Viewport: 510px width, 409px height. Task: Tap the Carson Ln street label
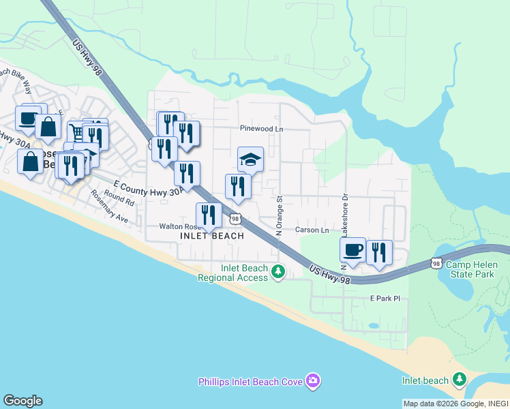click(306, 230)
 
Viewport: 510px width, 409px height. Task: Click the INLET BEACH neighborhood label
click(211, 236)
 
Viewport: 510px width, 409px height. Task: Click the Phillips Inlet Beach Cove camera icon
click(312, 380)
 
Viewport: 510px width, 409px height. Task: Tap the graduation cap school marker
click(250, 160)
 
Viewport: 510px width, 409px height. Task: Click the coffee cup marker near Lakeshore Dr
click(352, 250)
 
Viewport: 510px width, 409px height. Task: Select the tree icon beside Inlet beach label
click(460, 380)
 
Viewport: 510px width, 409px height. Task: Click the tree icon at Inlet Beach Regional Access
click(277, 272)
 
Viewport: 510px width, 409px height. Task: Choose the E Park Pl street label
click(382, 299)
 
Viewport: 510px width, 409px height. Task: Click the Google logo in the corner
click(22, 401)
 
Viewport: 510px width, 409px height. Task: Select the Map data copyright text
click(455, 404)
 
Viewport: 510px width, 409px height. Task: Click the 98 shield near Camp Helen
click(437, 263)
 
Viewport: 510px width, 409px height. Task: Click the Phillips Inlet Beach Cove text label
click(250, 381)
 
